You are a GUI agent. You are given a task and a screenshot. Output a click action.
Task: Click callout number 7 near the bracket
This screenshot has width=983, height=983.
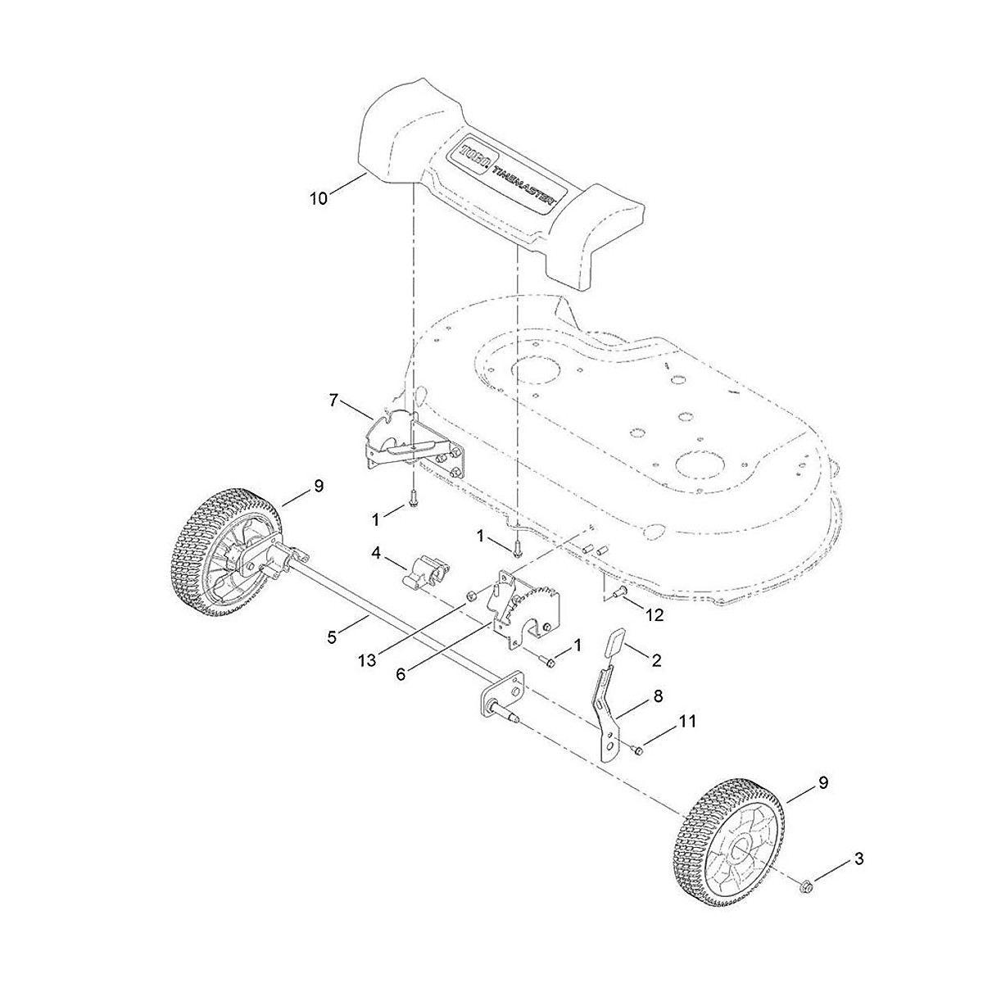[333, 400]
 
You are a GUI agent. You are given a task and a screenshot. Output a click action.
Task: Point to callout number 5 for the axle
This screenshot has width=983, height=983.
[332, 636]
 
